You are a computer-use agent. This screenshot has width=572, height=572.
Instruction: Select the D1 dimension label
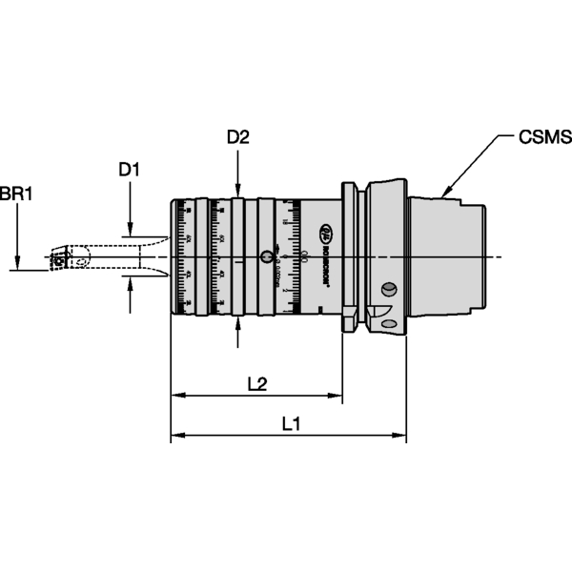129,170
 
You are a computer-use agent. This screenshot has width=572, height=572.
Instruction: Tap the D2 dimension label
237,137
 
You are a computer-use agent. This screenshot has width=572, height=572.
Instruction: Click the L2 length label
255,383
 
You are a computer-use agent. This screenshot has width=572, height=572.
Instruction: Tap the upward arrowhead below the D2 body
238,322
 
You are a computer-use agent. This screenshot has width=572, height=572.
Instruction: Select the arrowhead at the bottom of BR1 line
17,264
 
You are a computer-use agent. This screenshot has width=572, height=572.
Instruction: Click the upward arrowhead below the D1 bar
130,285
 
